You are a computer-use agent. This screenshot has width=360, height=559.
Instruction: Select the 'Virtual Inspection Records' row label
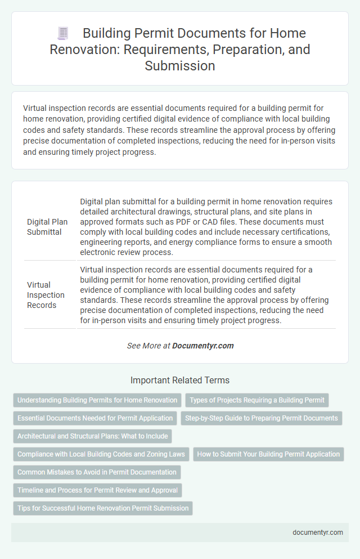tap(46, 295)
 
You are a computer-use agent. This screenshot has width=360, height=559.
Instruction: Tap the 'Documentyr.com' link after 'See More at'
tap(203, 346)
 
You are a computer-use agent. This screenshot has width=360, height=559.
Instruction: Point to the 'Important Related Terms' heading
tap(179, 380)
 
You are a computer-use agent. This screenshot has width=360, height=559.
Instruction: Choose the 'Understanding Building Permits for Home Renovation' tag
tap(97, 400)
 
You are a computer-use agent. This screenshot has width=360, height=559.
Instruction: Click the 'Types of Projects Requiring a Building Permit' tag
tap(256, 400)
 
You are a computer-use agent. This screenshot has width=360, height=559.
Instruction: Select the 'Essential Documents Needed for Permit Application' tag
tap(95, 418)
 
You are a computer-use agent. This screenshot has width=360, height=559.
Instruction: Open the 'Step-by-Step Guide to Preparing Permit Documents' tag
tap(261, 418)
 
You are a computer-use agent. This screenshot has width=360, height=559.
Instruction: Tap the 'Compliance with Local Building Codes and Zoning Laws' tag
tap(101, 454)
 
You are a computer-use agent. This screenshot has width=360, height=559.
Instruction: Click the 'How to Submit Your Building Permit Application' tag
tap(268, 454)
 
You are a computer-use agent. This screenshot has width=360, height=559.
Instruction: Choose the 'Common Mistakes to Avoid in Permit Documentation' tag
tap(97, 472)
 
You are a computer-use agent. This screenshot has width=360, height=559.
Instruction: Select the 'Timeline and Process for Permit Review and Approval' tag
tap(97, 490)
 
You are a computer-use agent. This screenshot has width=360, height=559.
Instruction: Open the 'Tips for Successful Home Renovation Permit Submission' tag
tap(103, 508)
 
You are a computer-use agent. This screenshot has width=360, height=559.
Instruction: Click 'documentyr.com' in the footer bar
tap(318, 532)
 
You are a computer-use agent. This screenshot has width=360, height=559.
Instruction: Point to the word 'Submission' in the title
tap(180, 66)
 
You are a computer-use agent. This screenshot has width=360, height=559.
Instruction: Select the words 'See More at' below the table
tap(148, 346)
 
